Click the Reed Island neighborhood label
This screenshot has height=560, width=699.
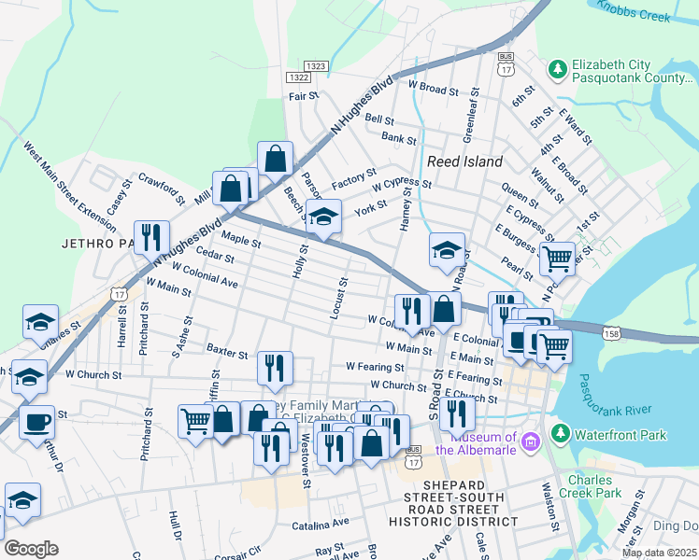click(x=464, y=161)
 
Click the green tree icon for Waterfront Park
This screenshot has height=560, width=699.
click(x=560, y=433)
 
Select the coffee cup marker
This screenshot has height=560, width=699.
click(x=37, y=421)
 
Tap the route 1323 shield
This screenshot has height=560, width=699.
click(x=316, y=66)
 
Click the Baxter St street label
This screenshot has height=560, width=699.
click(x=227, y=355)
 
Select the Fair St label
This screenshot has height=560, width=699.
click(x=304, y=95)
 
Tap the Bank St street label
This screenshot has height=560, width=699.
click(x=398, y=137)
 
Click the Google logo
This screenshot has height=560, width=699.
click(x=31, y=549)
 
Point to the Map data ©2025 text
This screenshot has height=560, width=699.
click(x=658, y=553)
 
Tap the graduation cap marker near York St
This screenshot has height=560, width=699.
click(x=323, y=217)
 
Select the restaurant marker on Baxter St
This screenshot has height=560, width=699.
click(x=275, y=368)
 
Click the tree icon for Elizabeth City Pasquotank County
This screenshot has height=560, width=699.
click(x=558, y=69)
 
